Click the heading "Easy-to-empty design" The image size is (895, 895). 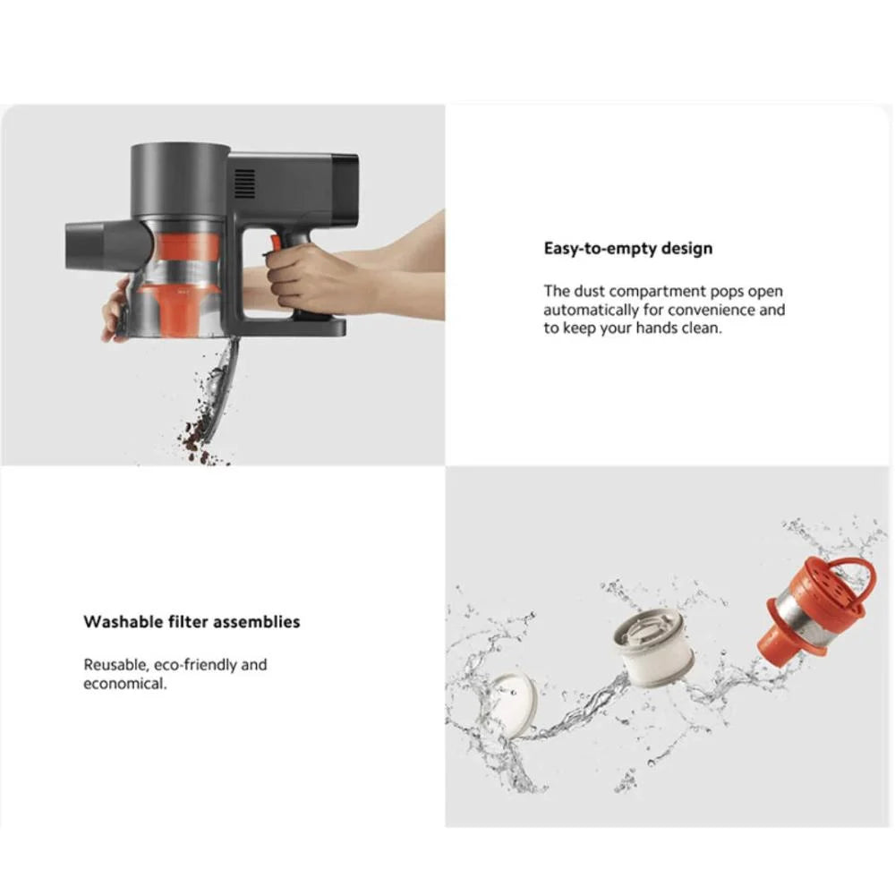[x=628, y=248]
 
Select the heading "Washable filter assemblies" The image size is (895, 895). [x=192, y=621]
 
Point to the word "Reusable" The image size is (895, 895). [x=115, y=665]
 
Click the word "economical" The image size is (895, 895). [x=124, y=684]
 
